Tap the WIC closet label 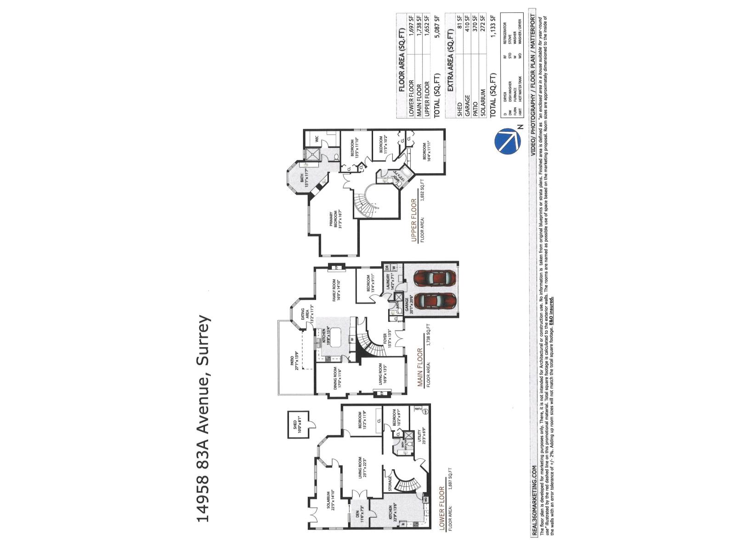tap(317, 138)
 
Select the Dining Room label tap(337, 378)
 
